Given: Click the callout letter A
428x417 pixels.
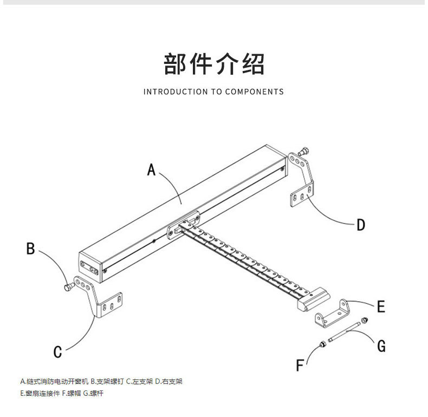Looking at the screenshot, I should pyautogui.click(x=151, y=170).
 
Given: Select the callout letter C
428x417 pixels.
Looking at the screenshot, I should pyautogui.click(x=57, y=352).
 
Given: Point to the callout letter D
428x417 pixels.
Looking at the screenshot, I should pyautogui.click(x=361, y=224).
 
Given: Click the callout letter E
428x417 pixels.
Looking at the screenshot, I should pyautogui.click(x=381, y=307).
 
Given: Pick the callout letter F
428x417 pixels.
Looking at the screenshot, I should pyautogui.click(x=300, y=366).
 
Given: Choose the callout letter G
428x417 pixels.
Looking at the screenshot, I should pyautogui.click(x=381, y=346).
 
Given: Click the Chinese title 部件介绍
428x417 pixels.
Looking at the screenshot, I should pyautogui.click(x=214, y=64).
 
